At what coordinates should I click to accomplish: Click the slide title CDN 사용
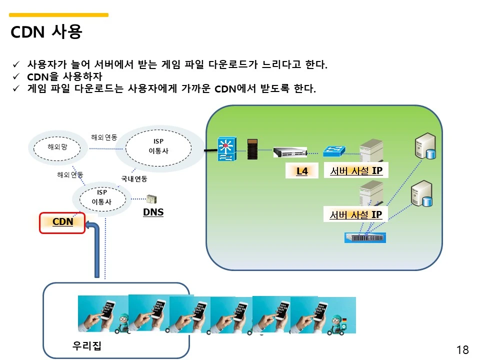(46, 32)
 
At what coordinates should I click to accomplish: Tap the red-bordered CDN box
(62, 222)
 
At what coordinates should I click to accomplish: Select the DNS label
(153, 212)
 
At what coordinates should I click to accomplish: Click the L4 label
(302, 171)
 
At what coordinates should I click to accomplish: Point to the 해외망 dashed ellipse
(57, 147)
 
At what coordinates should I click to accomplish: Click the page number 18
(462, 349)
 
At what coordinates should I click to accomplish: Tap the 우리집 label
(86, 345)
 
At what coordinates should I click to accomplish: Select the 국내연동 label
(134, 178)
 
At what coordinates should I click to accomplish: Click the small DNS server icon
(150, 199)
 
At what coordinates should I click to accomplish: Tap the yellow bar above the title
(59, 15)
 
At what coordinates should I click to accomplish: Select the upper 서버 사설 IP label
(356, 171)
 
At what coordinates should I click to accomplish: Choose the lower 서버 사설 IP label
(356, 215)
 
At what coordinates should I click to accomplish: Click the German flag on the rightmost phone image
(344, 320)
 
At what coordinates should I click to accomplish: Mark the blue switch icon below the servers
(365, 237)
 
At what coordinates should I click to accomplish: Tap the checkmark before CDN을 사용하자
(16, 77)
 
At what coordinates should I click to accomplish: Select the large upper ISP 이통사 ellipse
(158, 146)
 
